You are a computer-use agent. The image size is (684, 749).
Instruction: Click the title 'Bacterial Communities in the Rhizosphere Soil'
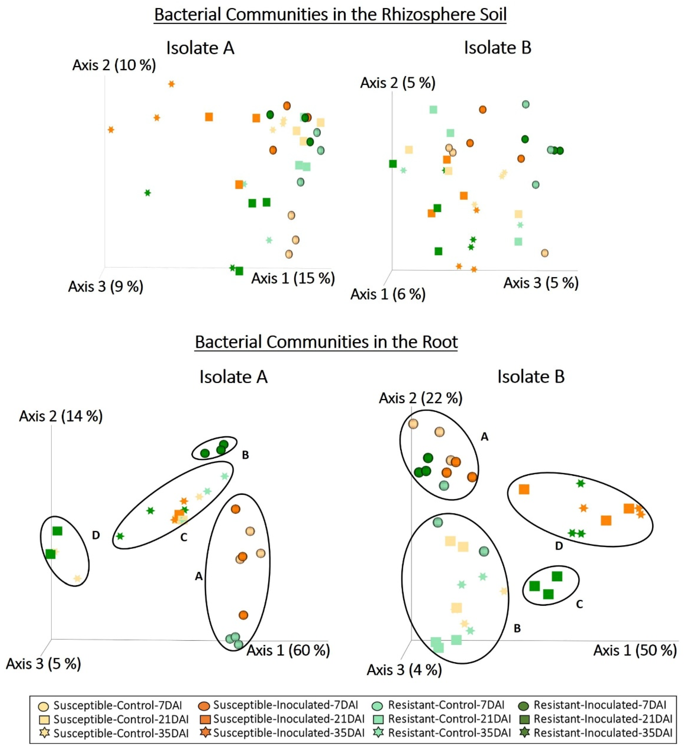[x=330, y=15]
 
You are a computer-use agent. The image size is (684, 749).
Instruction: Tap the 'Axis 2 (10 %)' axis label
[x=114, y=65]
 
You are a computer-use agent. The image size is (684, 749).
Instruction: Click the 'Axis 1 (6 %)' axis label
[x=388, y=294]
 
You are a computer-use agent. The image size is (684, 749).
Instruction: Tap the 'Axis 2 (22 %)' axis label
[x=421, y=398]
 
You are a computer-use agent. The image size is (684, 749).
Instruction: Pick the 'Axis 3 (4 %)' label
[x=404, y=670]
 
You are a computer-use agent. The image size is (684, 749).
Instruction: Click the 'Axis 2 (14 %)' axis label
[x=61, y=416]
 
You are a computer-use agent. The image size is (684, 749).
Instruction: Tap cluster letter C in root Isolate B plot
[x=579, y=604]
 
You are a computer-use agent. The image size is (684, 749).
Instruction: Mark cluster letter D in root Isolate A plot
[x=96, y=535]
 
